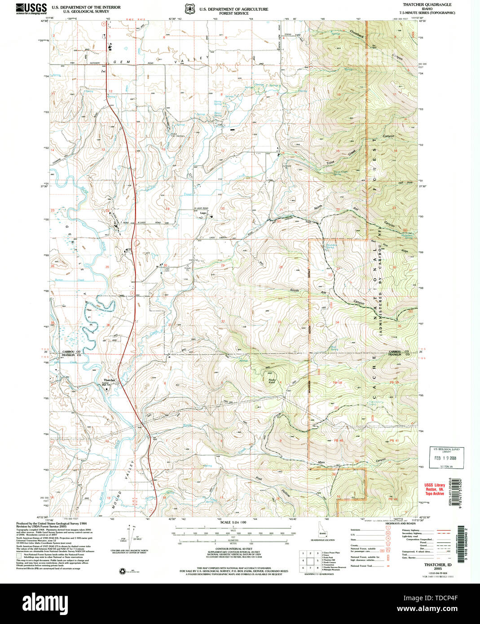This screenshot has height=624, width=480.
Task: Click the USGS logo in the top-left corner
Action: pyautogui.click(x=31, y=9)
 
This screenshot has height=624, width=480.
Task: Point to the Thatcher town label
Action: pyautogui.click(x=110, y=380)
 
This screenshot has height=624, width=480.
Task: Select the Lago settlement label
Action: pyautogui.click(x=203, y=213)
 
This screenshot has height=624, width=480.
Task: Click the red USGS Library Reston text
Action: pyautogui.click(x=435, y=489)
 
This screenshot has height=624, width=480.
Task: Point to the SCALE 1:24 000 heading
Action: pyautogui.click(x=233, y=522)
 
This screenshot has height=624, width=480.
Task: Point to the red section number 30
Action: pyautogui.click(x=165, y=265)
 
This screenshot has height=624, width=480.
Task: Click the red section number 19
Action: pyautogui.click(x=168, y=209)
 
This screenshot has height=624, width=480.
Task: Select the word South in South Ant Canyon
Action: pyautogui.click(x=294, y=290)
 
